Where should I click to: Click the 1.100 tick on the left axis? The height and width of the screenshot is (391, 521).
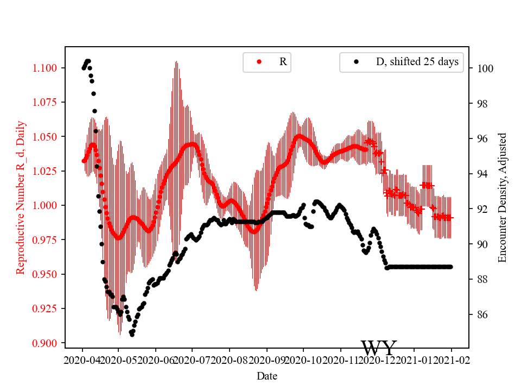47,68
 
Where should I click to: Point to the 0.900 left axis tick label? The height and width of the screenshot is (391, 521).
47,343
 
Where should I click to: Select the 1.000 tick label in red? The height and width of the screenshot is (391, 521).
47,205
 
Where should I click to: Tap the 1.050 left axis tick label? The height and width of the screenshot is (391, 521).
47,137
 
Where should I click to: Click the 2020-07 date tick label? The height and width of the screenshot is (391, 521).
192,359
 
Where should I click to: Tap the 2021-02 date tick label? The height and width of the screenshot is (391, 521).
452,359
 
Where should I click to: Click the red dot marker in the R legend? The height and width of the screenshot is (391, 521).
259,62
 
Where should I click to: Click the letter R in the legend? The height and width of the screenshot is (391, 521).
283,62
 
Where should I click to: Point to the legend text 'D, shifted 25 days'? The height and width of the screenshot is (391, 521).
417,62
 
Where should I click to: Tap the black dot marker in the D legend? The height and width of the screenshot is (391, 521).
356,62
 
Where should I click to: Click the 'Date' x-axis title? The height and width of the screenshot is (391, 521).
267,375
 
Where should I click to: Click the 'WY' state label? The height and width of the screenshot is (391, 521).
379,348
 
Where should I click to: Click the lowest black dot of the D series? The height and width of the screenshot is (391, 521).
132,335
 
